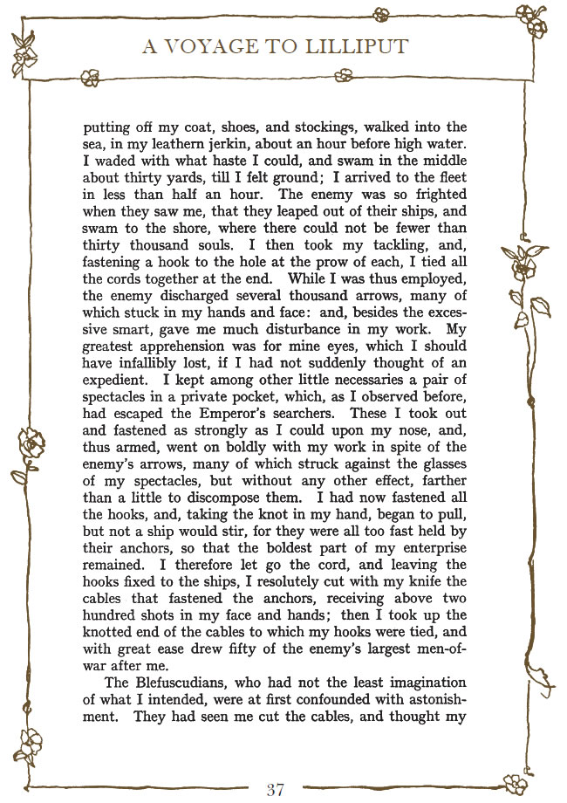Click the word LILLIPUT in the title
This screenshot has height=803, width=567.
tap(356, 46)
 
